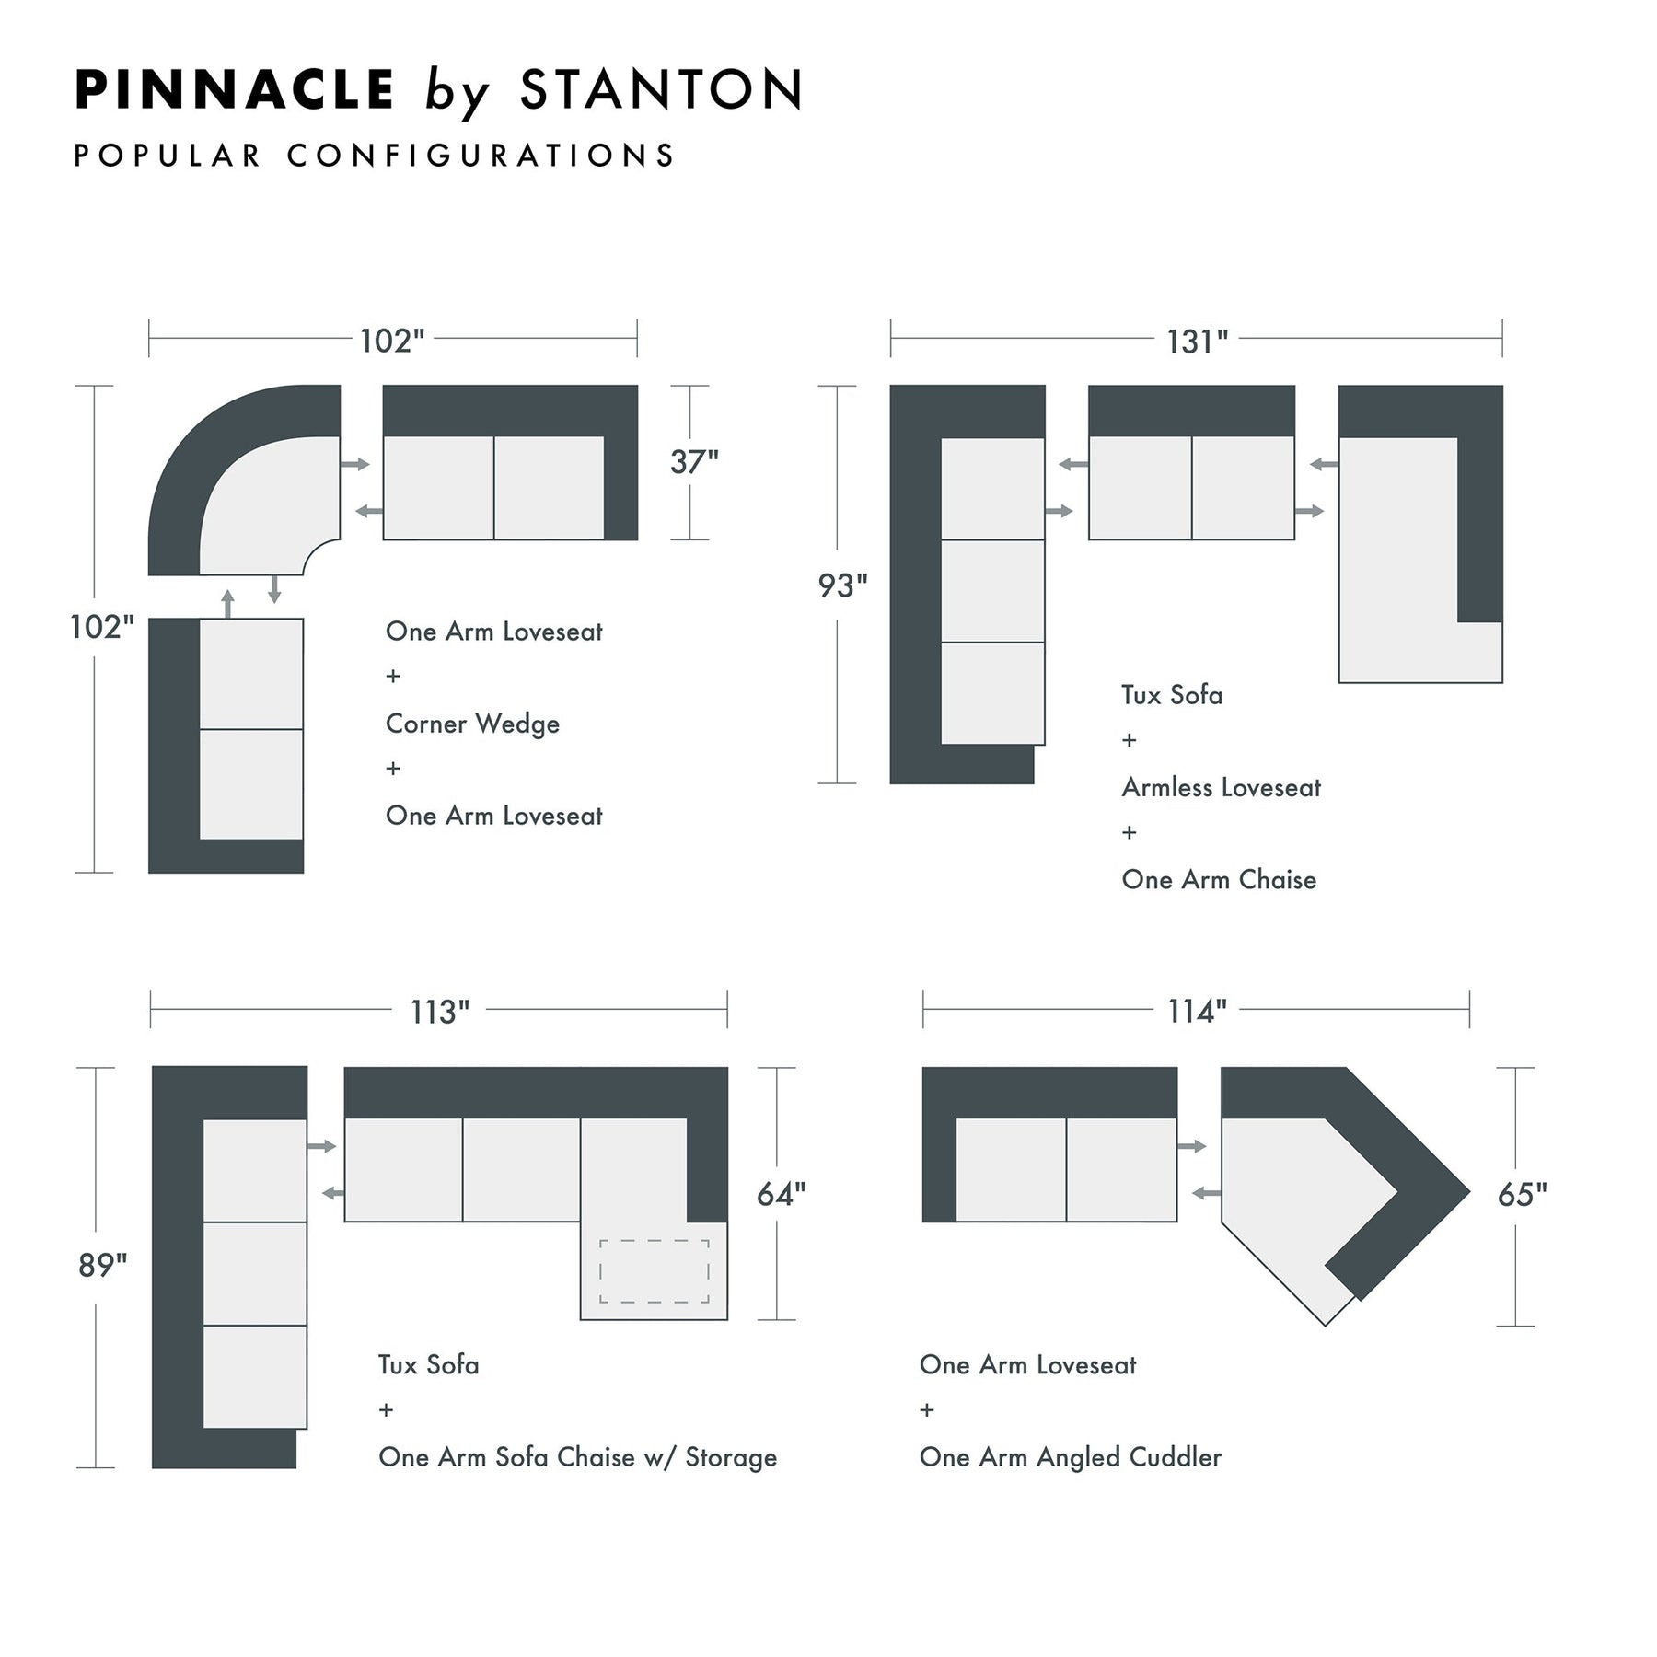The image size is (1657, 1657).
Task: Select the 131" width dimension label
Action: [1197, 342]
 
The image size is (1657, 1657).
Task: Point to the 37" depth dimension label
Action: [694, 461]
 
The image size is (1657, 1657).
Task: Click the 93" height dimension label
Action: [842, 585]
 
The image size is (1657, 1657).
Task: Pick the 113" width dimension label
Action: [440, 1012]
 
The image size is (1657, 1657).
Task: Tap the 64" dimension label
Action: [781, 1194]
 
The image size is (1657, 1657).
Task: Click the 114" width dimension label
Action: [1197, 1012]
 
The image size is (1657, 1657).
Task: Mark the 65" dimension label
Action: [1522, 1194]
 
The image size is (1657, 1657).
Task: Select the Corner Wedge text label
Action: [472, 724]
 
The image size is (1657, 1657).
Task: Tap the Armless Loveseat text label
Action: [1221, 787]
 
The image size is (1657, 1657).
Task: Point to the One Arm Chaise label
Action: [1219, 879]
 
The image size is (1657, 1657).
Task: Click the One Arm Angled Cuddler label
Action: [1071, 1457]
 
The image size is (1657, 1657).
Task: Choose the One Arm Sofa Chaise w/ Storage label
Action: [577, 1457]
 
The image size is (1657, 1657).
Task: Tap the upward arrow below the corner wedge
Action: [228, 604]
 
